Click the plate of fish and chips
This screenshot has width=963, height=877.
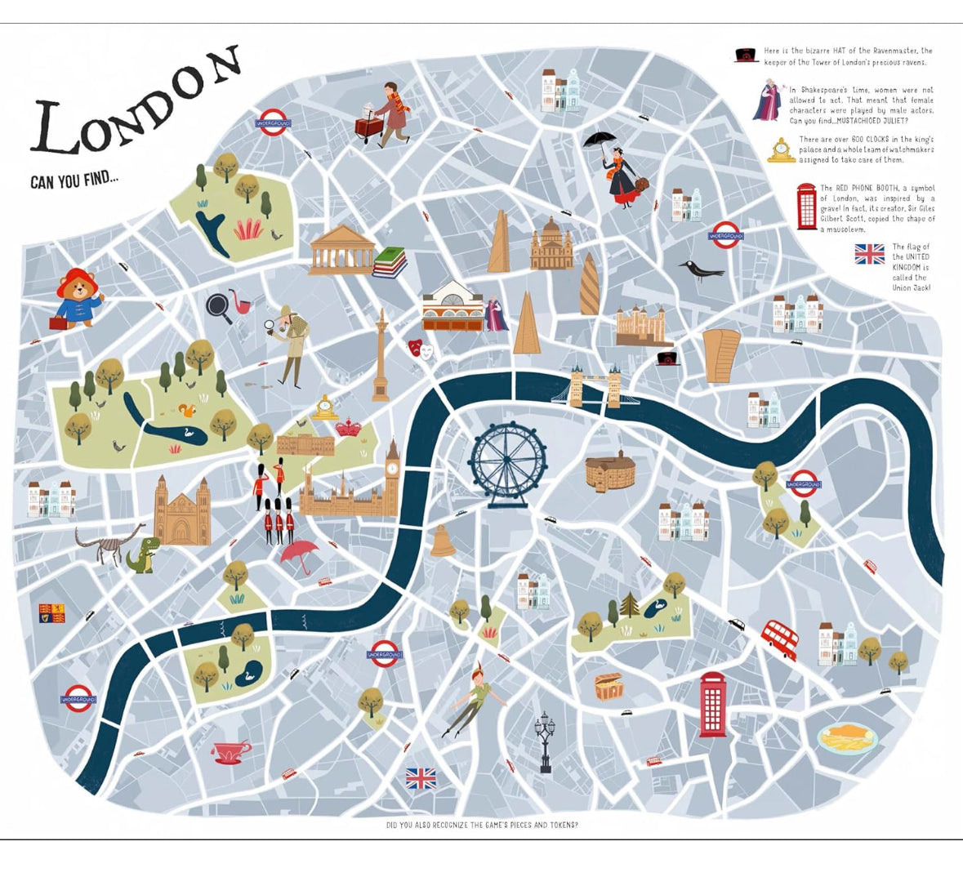[x=848, y=739]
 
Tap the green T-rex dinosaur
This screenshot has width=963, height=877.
[x=141, y=554]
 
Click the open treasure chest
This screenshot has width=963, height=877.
[x=609, y=686]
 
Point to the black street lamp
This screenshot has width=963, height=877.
[x=545, y=740]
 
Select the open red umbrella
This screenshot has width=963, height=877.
[x=300, y=552]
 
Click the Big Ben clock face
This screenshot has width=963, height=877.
[x=393, y=469]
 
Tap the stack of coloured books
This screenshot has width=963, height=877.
[x=390, y=261]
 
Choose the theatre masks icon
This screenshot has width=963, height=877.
[x=421, y=349]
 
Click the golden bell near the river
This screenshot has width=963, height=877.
[x=442, y=541]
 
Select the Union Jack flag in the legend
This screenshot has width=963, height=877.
[x=869, y=254]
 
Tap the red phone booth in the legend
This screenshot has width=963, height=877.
[x=807, y=206]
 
